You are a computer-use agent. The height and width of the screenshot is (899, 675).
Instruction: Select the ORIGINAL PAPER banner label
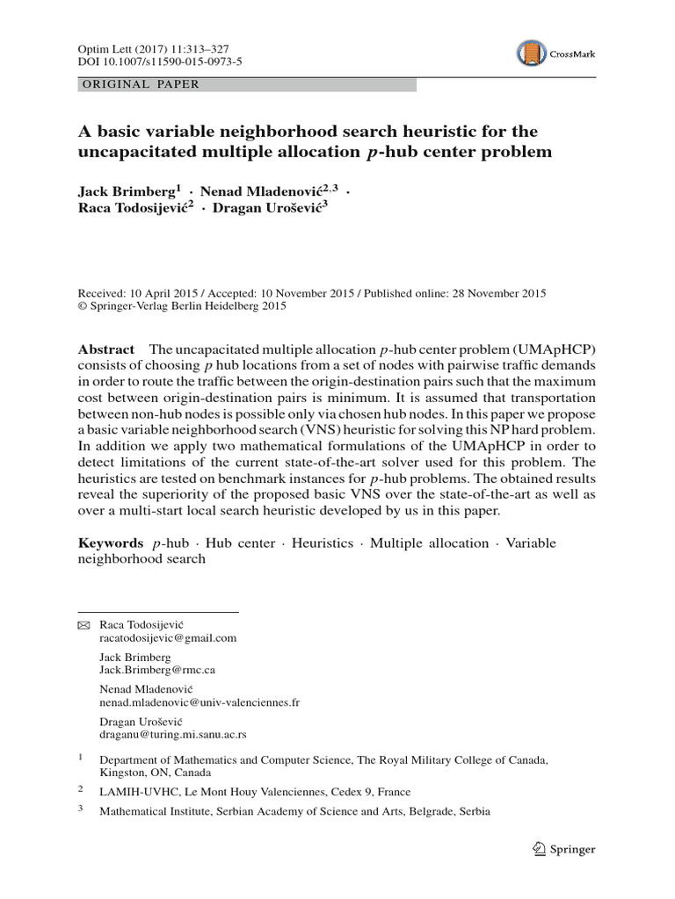click(140, 85)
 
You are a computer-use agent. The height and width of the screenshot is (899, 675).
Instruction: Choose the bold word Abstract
click(106, 349)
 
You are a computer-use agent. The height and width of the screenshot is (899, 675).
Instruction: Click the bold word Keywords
click(111, 543)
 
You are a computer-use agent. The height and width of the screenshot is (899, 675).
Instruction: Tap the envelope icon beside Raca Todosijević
click(83, 624)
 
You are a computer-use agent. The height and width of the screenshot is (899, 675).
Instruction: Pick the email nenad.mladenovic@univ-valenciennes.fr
click(200, 702)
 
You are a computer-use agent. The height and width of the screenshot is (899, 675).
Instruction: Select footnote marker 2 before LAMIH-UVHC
click(80, 788)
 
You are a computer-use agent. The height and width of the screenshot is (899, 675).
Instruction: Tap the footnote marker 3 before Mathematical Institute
click(80, 809)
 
